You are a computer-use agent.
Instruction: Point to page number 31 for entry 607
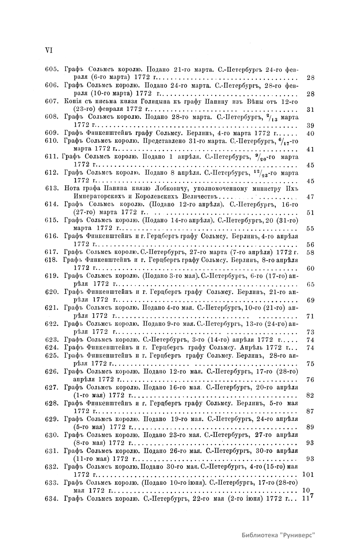pyautogui.click(x=310, y=109)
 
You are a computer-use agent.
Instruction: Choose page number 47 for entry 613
pyautogui.click(x=310, y=197)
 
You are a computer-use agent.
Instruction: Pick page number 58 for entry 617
pyautogui.click(x=310, y=252)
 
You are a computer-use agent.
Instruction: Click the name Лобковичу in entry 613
pyautogui.click(x=168, y=188)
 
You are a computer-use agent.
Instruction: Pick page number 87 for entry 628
pyautogui.click(x=310, y=411)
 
